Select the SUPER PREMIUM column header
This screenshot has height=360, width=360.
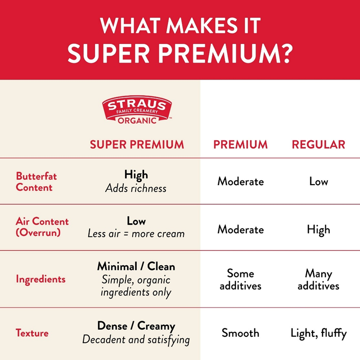(x=136, y=144)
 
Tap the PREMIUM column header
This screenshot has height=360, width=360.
(x=240, y=144)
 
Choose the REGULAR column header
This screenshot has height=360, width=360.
(x=318, y=144)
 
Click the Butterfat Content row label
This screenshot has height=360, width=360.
(x=36, y=181)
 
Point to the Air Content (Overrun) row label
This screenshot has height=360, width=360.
(x=42, y=227)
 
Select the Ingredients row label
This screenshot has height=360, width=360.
(x=40, y=279)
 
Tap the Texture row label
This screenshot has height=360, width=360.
(x=32, y=333)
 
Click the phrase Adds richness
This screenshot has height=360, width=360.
(x=136, y=188)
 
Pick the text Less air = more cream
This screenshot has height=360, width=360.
(x=136, y=234)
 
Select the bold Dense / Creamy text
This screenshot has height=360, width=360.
(x=136, y=326)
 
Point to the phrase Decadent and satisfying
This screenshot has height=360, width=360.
(x=136, y=340)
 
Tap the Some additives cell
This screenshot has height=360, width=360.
(x=240, y=279)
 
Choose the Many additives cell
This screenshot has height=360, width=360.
(x=318, y=279)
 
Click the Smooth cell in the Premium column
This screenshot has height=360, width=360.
(x=240, y=333)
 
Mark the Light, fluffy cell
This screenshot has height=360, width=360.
(x=318, y=333)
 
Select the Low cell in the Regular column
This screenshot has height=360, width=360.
(x=318, y=181)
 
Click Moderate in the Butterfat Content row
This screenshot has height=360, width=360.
(x=240, y=181)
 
